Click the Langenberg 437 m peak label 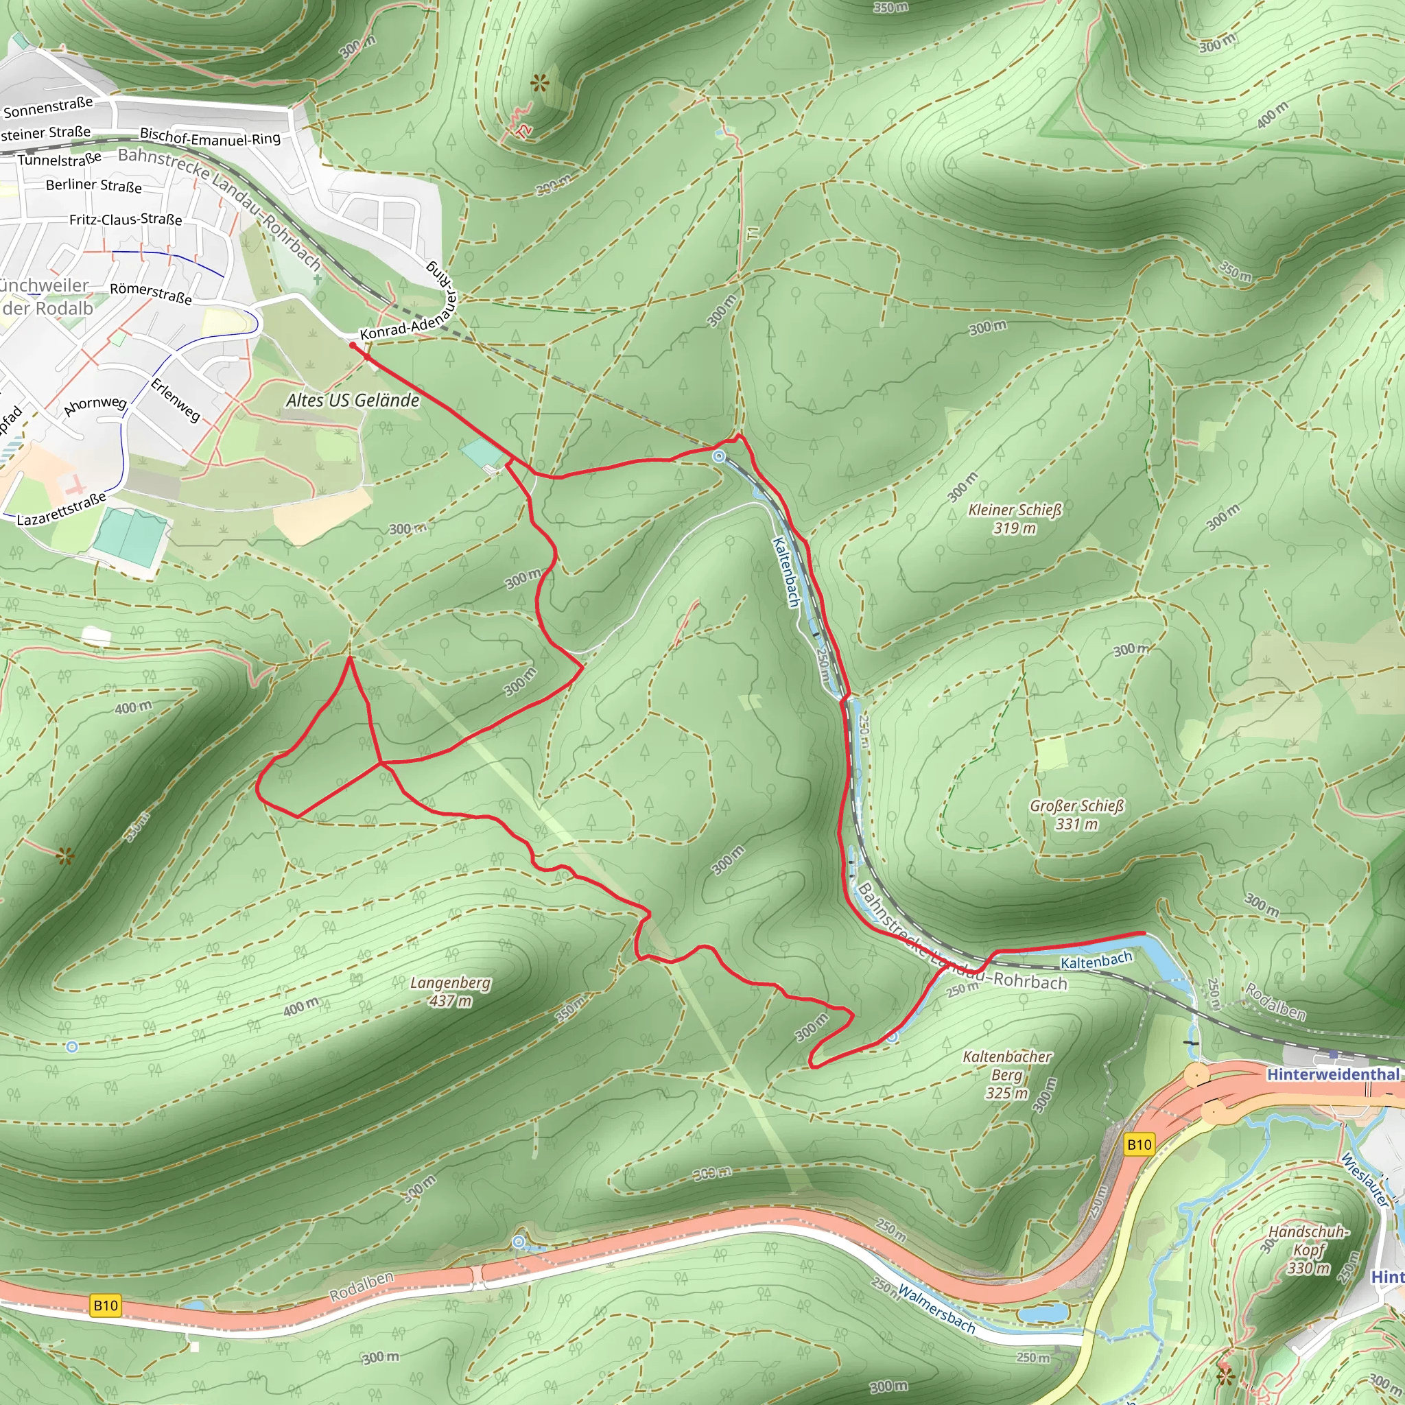(450, 992)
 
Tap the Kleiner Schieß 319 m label (1015, 519)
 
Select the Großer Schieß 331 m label (1076, 814)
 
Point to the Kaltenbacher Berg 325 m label (1006, 1074)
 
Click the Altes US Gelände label (353, 401)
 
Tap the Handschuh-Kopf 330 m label (1308, 1249)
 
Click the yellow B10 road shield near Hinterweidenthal (1139, 1145)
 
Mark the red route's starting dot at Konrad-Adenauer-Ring (353, 346)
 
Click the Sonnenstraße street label (48, 108)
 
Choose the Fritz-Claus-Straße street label (126, 220)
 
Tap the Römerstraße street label (150, 293)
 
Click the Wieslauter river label (1366, 1181)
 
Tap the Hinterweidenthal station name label (1332, 1074)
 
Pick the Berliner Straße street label (94, 185)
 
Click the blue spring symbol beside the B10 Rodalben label (519, 1242)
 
